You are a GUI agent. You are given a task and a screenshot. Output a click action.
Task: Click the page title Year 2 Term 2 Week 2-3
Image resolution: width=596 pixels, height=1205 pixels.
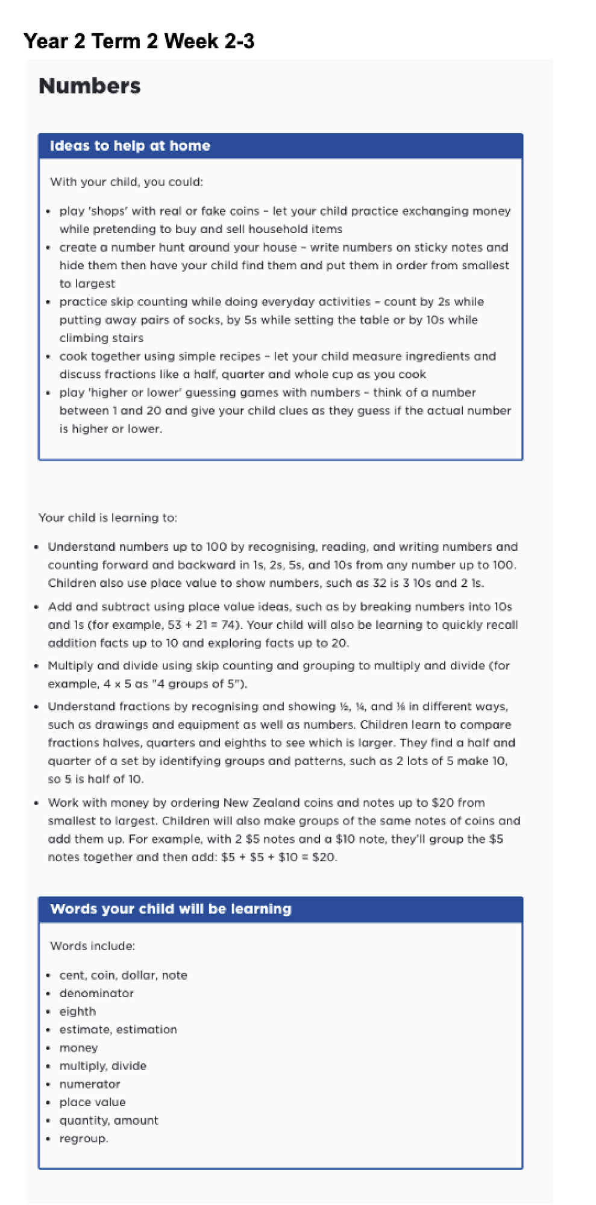click(139, 41)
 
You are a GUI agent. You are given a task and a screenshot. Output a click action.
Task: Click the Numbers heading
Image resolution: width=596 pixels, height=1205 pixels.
click(89, 86)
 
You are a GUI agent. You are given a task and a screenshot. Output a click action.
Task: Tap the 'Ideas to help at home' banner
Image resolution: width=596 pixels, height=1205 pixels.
click(130, 146)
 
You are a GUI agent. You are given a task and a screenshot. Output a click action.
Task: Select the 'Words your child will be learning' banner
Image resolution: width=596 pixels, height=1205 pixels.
click(171, 909)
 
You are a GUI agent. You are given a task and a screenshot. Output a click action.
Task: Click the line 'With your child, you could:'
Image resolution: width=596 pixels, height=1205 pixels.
click(127, 182)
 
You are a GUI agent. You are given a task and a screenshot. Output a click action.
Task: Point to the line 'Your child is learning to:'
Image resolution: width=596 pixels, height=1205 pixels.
click(108, 518)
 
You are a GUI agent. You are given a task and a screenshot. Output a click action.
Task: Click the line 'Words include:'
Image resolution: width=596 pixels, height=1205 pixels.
click(93, 946)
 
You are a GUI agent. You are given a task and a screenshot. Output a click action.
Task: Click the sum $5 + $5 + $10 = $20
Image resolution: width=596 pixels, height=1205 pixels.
click(278, 857)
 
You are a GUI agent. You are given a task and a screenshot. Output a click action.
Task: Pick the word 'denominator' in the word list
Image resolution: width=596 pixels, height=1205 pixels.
click(96, 994)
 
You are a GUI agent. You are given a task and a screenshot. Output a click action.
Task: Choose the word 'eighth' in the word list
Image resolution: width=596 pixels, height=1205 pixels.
click(78, 1012)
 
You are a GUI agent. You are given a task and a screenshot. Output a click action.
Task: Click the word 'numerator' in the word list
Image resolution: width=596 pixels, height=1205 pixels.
click(90, 1084)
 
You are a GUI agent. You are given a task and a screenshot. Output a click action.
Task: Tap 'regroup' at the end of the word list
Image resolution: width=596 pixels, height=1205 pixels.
click(83, 1139)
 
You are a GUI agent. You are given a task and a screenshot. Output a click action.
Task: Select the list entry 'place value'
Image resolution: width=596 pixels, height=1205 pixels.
click(93, 1103)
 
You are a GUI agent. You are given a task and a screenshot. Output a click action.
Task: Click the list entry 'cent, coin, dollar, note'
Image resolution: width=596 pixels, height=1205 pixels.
click(124, 975)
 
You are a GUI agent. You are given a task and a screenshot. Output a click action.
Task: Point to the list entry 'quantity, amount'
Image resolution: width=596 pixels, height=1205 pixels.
click(109, 1121)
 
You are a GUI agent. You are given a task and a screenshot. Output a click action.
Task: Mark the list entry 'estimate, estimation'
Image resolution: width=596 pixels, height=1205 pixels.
click(118, 1030)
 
